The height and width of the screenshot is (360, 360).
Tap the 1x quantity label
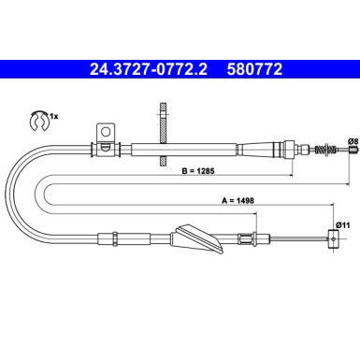point(53,116)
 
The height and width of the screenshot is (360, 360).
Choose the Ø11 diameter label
point(343,225)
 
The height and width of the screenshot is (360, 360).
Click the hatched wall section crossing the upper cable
point(162,131)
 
